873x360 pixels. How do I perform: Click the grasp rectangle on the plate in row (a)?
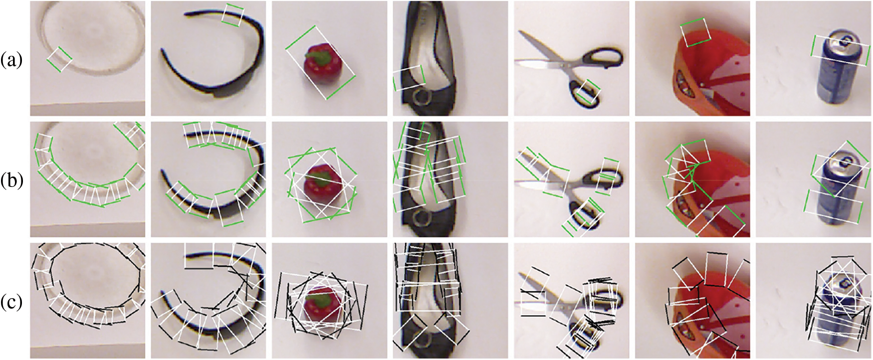coord(60,59)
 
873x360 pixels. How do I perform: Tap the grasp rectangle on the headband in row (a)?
coord(232,14)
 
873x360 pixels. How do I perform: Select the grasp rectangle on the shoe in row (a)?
coord(409,78)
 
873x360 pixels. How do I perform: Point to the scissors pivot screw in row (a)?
coord(565,64)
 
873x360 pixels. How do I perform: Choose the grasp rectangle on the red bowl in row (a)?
coord(696,32)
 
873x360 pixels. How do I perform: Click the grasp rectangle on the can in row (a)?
coord(839,51)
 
